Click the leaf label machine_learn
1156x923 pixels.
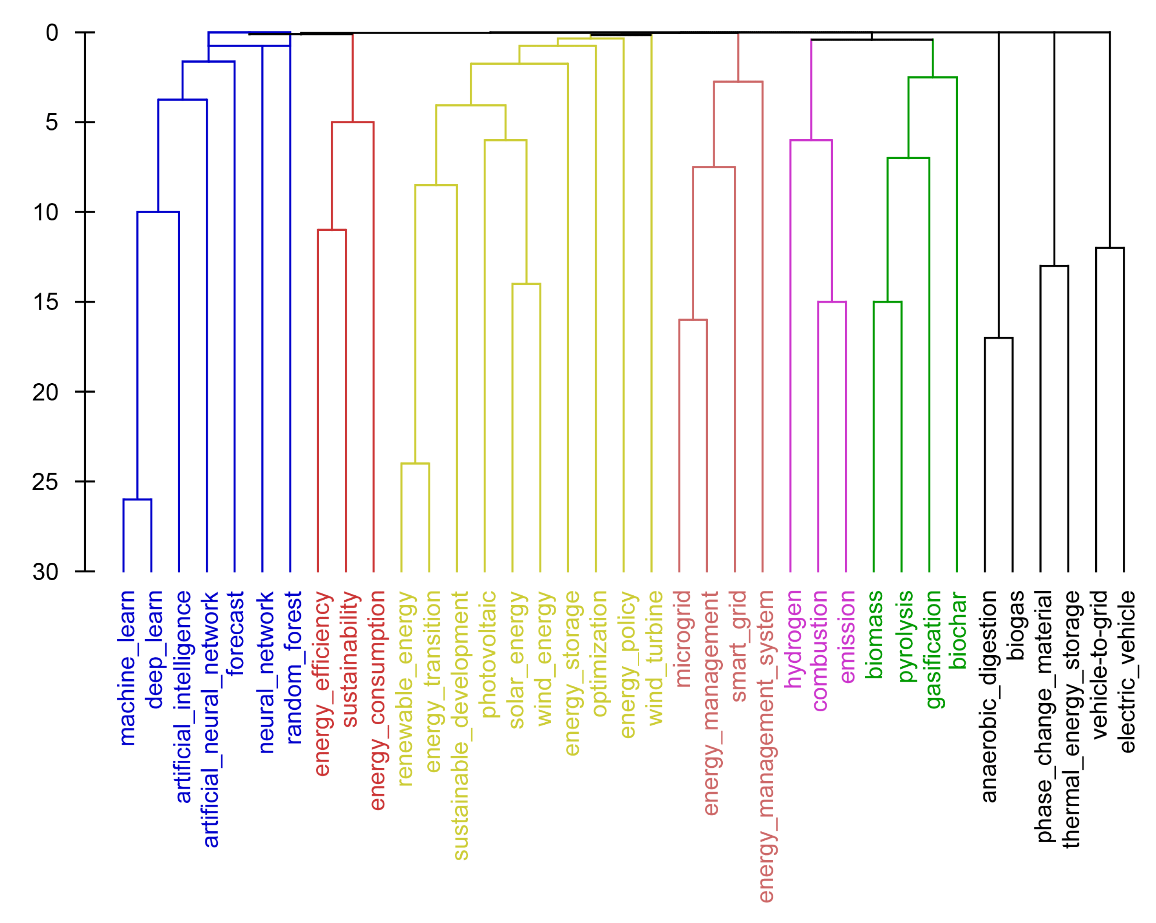tap(127, 668)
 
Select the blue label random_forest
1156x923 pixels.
tap(294, 668)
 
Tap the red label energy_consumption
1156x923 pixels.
tap(378, 700)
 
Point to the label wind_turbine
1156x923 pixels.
tap(655, 658)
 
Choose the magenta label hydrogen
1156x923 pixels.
tap(794, 638)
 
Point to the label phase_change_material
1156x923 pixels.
tap(1044, 716)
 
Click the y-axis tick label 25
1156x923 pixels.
tap(45, 482)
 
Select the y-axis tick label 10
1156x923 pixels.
tap(45, 212)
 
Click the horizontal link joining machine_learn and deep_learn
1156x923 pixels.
tap(137, 500)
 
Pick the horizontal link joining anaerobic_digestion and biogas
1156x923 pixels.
tap(999, 338)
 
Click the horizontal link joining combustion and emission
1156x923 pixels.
tap(832, 302)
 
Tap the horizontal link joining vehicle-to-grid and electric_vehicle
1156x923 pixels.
tap(1110, 248)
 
